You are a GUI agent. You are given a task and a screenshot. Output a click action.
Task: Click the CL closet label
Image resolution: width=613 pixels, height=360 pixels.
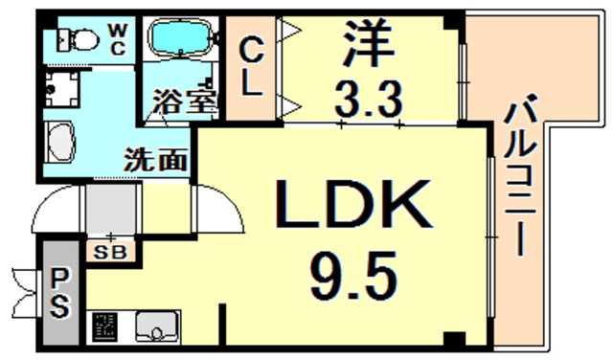(x=251, y=65)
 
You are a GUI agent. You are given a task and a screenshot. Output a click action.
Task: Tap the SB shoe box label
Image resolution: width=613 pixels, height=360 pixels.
(x=112, y=253)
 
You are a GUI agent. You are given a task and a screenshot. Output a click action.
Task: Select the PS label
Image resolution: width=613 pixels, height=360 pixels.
(x=59, y=293)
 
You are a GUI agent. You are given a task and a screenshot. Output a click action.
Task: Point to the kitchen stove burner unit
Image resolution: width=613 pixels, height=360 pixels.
(x=103, y=328)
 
